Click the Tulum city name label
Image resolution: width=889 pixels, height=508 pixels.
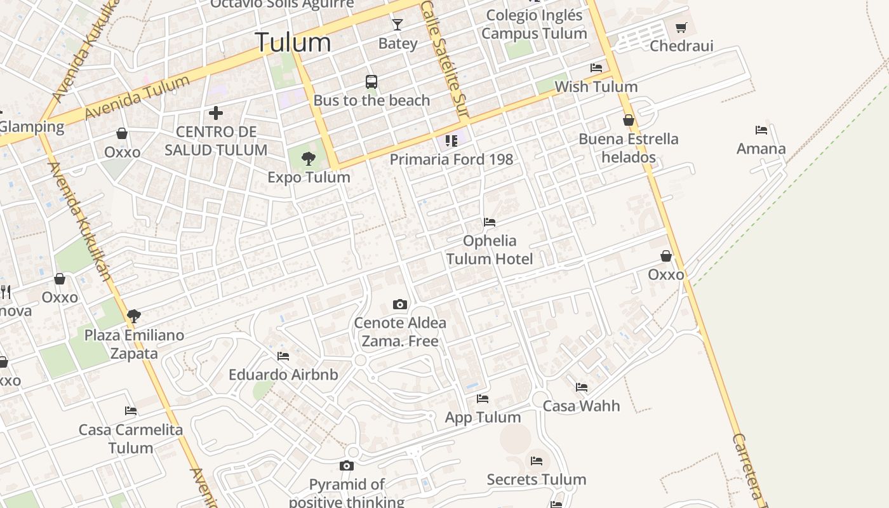click(x=293, y=43)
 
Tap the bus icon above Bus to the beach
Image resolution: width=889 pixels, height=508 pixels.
click(x=371, y=82)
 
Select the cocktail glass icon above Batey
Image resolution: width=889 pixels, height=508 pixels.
click(x=398, y=25)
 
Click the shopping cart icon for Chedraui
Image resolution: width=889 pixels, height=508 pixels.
click(x=681, y=27)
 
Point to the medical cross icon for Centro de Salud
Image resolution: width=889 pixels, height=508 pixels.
click(x=216, y=114)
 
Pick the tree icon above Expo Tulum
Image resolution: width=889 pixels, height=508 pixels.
click(x=309, y=159)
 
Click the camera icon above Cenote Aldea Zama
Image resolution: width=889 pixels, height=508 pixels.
click(x=399, y=304)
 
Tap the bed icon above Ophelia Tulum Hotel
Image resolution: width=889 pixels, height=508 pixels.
click(x=490, y=222)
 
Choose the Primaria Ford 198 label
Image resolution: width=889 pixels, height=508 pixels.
click(x=451, y=159)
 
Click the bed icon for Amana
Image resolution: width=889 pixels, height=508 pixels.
click(x=761, y=130)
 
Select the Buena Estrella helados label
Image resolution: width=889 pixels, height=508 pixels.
click(x=629, y=148)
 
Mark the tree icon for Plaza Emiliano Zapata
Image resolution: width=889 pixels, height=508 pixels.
click(x=133, y=316)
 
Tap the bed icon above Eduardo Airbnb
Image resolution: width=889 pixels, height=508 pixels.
click(x=283, y=356)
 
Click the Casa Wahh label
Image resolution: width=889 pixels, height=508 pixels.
click(x=581, y=406)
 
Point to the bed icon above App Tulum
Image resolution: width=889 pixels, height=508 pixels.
click(x=483, y=399)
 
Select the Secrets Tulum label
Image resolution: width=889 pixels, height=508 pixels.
click(x=536, y=479)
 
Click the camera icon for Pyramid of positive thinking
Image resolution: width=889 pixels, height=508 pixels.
click(x=346, y=466)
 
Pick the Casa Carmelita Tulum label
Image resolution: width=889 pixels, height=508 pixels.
click(x=131, y=438)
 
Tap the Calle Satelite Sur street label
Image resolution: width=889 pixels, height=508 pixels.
click(x=444, y=60)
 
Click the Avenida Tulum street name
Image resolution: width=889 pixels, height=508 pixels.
click(x=137, y=97)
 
